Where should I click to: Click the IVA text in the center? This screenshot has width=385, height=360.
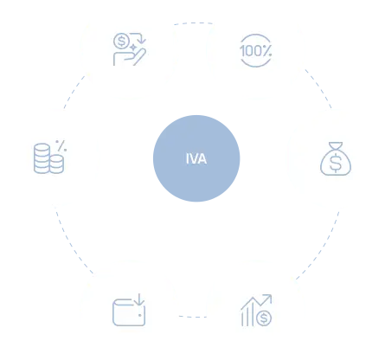pyautogui.click(x=196, y=158)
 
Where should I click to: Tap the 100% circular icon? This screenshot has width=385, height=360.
pyautogui.click(x=255, y=51)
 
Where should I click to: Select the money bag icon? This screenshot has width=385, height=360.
pyautogui.click(x=336, y=158)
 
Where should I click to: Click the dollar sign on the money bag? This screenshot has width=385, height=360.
pyautogui.click(x=336, y=163)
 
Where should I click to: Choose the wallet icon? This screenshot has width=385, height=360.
pyautogui.click(x=129, y=310)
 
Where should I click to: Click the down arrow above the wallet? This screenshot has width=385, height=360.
pyautogui.click(x=139, y=299)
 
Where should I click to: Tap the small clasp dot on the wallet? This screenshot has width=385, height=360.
pyautogui.click(x=139, y=315)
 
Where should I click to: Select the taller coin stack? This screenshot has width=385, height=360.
pyautogui.click(x=42, y=158)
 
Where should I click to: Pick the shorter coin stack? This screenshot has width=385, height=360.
pyautogui.click(x=57, y=164)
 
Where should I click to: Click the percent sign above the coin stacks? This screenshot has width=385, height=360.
pyautogui.click(x=61, y=146)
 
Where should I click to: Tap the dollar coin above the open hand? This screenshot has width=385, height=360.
pyautogui.click(x=121, y=41)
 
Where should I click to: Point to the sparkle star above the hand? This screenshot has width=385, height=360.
pyautogui.click(x=133, y=47)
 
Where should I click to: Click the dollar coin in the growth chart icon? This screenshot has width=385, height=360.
pyautogui.click(x=264, y=318)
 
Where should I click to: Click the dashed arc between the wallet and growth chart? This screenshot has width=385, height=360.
pyautogui.click(x=193, y=317)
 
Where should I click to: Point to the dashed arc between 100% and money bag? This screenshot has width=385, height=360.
pyautogui.click(x=319, y=87)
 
